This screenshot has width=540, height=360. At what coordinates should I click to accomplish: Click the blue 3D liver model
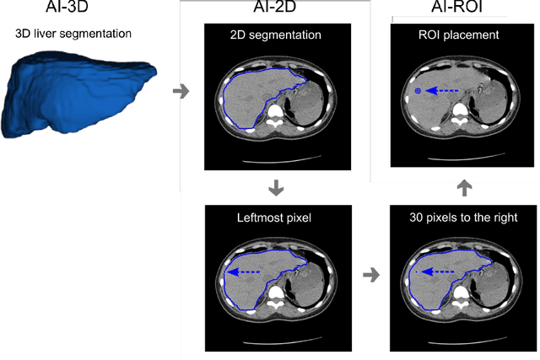(x=76, y=93)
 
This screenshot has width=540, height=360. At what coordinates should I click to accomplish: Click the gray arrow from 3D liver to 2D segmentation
(x=179, y=91)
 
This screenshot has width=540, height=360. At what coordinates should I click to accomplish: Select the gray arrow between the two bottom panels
(x=370, y=274)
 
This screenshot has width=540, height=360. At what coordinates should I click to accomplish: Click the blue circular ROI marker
(x=418, y=90)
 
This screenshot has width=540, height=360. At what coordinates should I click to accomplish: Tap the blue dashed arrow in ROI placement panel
(x=443, y=90)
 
